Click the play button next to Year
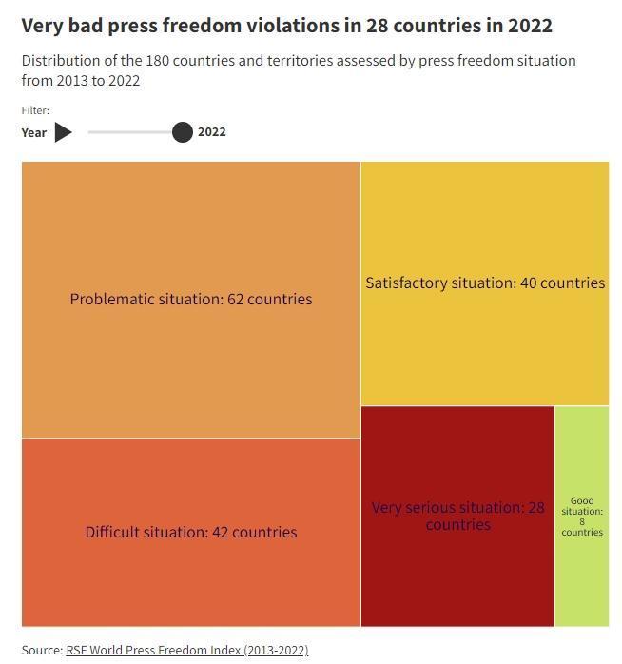point(63,132)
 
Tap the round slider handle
point(183,132)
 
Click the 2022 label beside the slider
point(212,131)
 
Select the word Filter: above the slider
point(35,110)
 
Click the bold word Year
point(34,132)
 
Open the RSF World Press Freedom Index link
point(187,650)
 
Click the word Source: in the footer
point(42,650)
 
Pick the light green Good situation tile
point(582,516)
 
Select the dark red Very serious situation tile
point(457,516)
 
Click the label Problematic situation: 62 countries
point(191,299)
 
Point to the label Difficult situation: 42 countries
point(191,532)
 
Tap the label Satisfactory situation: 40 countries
point(485,283)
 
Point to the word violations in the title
point(293,26)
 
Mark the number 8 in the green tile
point(582,521)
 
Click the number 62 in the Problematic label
point(236,299)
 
